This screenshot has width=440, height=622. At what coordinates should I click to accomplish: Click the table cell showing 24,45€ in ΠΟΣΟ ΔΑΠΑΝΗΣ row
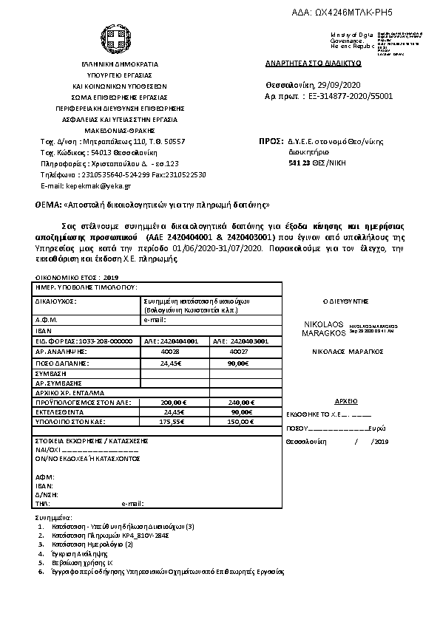(171, 363)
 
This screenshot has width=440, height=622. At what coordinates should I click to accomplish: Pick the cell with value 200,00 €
(171, 402)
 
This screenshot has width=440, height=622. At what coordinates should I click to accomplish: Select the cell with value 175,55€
(171, 421)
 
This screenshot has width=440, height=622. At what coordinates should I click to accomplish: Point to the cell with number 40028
(171, 352)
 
